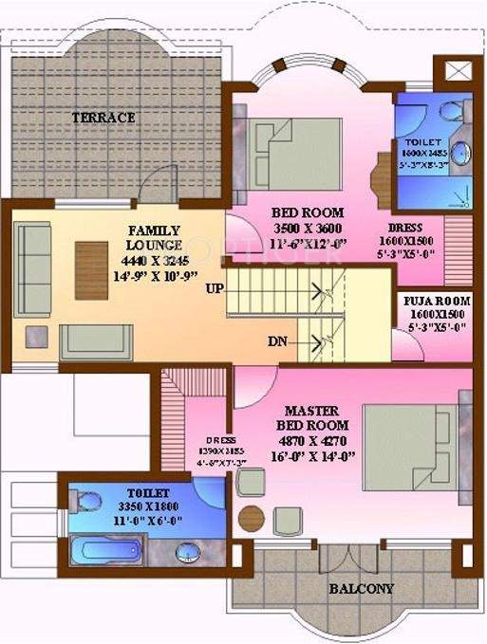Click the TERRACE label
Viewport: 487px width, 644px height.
pyautogui.click(x=103, y=118)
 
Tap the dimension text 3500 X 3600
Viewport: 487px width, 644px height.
pyautogui.click(x=307, y=229)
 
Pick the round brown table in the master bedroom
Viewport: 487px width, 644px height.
pyautogui.click(x=251, y=519)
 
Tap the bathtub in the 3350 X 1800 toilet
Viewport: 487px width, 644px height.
pyautogui.click(x=111, y=550)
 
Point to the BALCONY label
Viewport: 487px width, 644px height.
pyautogui.click(x=361, y=588)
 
